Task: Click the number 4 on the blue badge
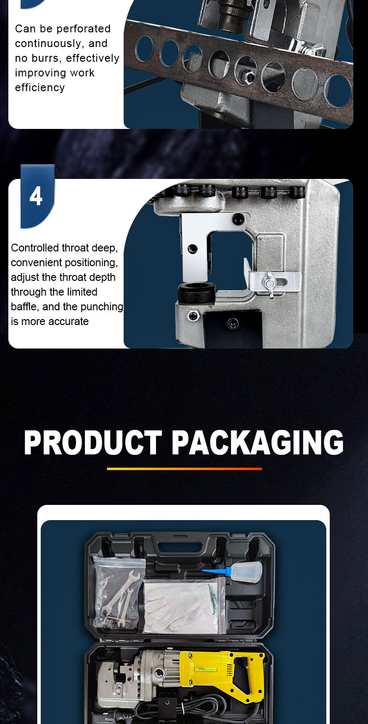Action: pyautogui.click(x=36, y=196)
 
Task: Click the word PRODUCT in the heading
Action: pyautogui.click(x=93, y=443)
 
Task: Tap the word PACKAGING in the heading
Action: pyautogui.click(x=258, y=443)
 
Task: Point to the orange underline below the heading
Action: pyautogui.click(x=184, y=468)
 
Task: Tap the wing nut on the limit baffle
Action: pyautogui.click(x=269, y=283)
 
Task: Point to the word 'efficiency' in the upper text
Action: pyautogui.click(x=40, y=88)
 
